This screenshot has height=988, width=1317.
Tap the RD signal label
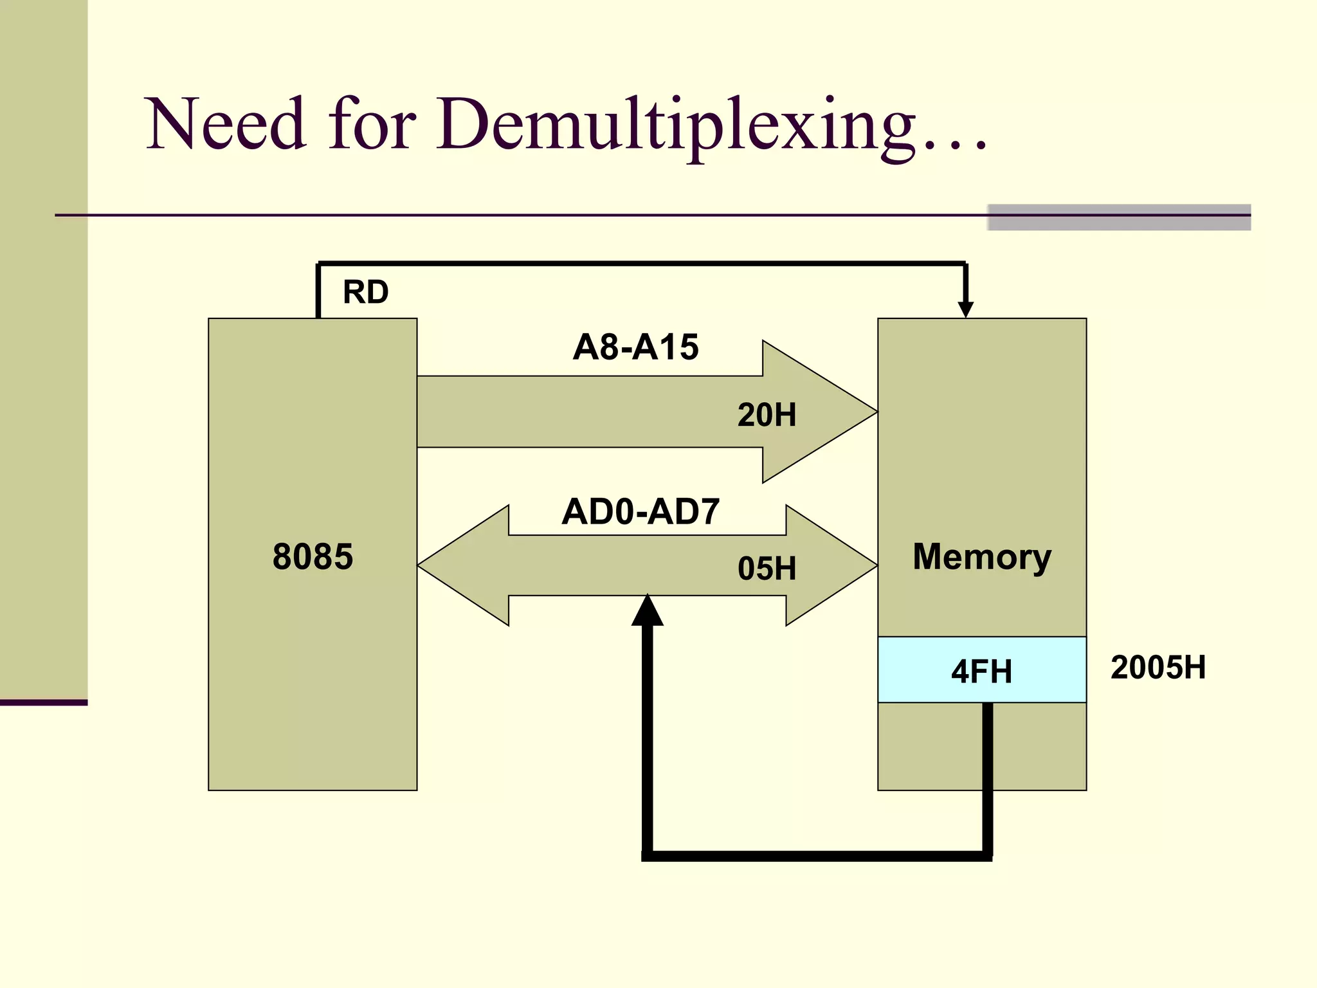click(x=365, y=292)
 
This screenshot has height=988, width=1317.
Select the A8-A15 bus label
click(x=635, y=347)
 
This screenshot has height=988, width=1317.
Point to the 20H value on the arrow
click(x=767, y=415)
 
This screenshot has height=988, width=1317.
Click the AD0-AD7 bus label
click(x=640, y=512)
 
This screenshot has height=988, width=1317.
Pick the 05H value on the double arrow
click(x=767, y=569)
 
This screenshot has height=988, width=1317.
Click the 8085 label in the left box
click(x=313, y=556)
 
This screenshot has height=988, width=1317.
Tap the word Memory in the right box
click(x=981, y=556)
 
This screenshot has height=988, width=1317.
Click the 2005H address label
click(x=1158, y=667)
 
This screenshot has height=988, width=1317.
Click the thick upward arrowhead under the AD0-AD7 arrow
click(x=648, y=611)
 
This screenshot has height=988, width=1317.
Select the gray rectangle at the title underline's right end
click(x=1119, y=217)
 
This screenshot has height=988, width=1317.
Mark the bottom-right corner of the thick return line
click(x=988, y=855)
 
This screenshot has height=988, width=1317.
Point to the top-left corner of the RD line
click(x=319, y=264)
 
